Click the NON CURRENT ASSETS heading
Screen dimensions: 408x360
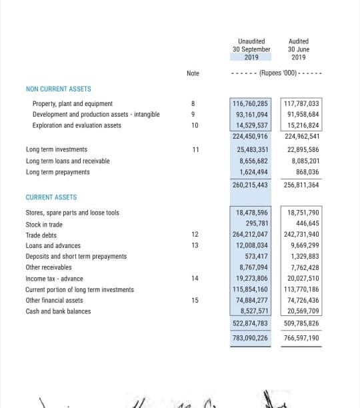pos(58,89)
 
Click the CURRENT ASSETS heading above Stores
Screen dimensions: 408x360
pos(51,197)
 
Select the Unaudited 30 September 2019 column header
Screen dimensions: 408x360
pos(251,49)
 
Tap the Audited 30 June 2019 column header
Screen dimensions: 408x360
pos(298,49)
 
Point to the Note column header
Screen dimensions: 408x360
pos(193,73)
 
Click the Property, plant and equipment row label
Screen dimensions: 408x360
pos(73,104)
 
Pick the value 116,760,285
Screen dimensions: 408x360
pos(250,104)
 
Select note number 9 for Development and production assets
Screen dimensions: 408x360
pos(193,115)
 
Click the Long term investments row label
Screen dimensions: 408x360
pos(56,150)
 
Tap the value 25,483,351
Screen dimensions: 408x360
pos(253,150)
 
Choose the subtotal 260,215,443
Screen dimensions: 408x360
pos(250,185)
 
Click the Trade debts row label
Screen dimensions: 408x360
pos(41,235)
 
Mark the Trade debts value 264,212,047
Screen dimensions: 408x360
pos(250,235)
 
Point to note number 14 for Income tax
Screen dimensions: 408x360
pos(194,279)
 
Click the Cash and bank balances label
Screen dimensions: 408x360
pos(58,311)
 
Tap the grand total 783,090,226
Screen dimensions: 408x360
pos(250,339)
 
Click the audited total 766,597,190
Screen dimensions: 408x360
pos(301,339)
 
